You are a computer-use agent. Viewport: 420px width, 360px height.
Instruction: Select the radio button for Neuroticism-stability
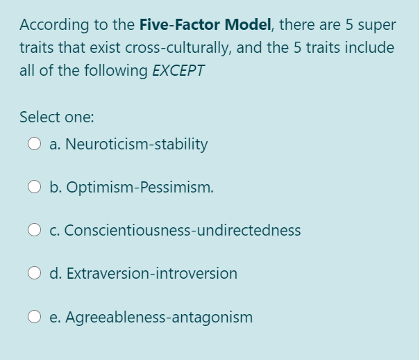click(35, 145)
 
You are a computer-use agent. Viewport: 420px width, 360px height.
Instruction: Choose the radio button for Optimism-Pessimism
click(35, 188)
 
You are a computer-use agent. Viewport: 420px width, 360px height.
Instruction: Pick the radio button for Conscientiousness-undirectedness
click(35, 231)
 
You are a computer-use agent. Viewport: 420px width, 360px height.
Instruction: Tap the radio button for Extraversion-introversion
click(35, 274)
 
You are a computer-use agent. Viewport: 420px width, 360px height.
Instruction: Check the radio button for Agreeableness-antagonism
click(35, 318)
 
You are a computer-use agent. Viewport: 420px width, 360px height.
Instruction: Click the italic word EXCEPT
click(178, 71)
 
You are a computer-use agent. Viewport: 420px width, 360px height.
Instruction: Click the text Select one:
click(56, 117)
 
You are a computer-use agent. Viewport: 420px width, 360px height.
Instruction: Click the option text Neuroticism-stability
click(128, 145)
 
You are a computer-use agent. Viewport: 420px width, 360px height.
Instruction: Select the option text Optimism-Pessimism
click(132, 188)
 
